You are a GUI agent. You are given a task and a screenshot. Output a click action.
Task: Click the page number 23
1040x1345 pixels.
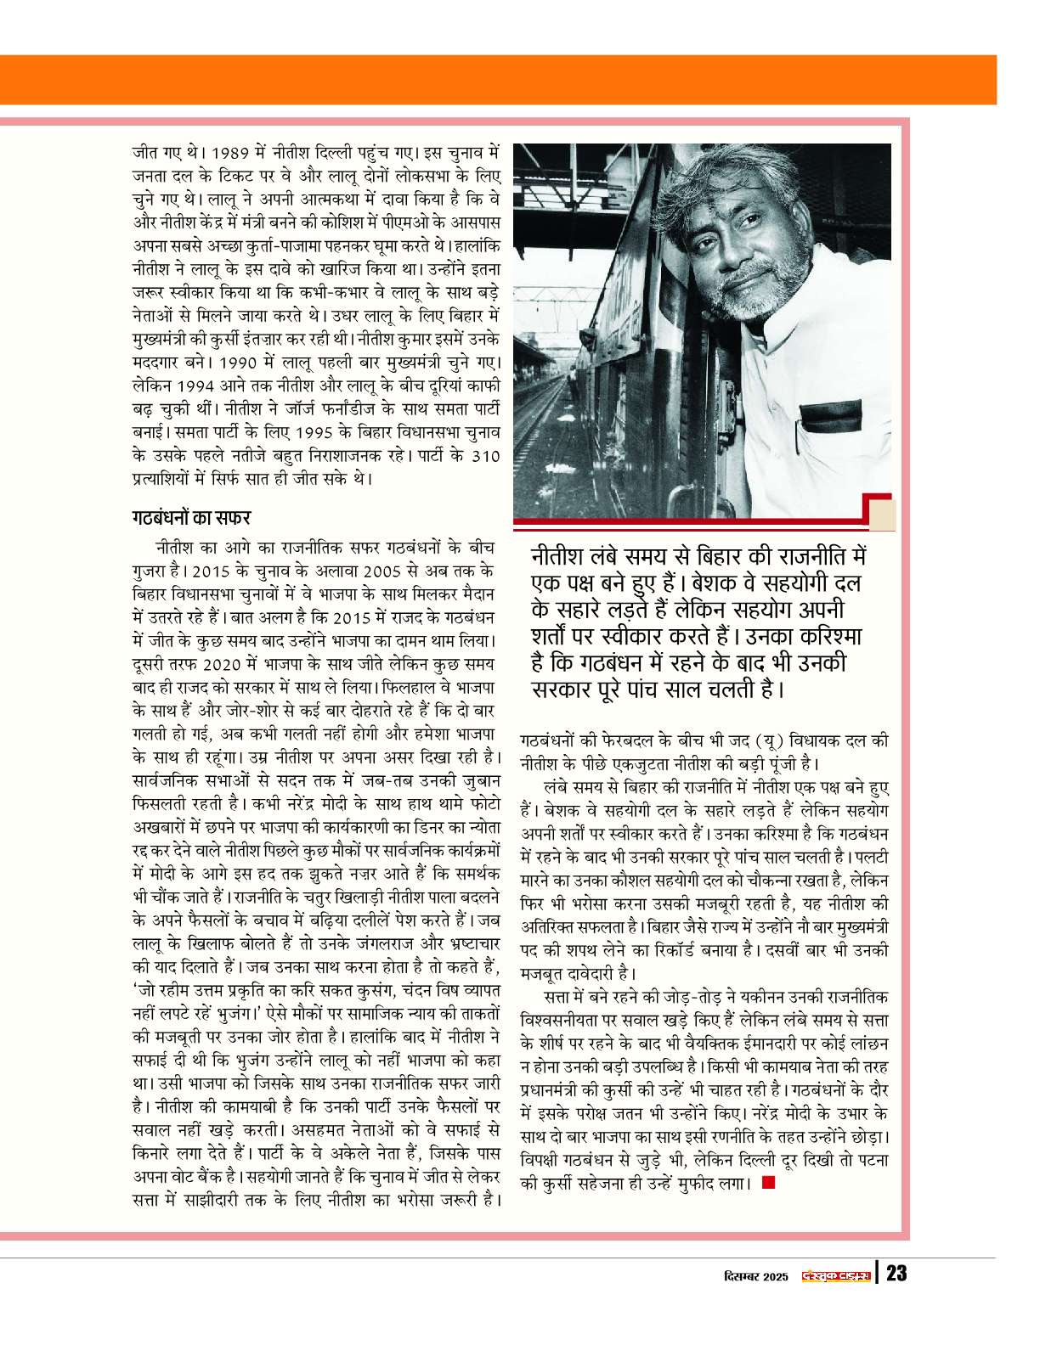896,1274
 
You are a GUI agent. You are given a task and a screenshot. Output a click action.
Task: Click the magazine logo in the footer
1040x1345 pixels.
837,1275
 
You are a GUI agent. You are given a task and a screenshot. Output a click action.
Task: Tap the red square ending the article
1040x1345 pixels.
768,1181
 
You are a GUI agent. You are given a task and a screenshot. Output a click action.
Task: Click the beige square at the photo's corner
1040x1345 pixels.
881,515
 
